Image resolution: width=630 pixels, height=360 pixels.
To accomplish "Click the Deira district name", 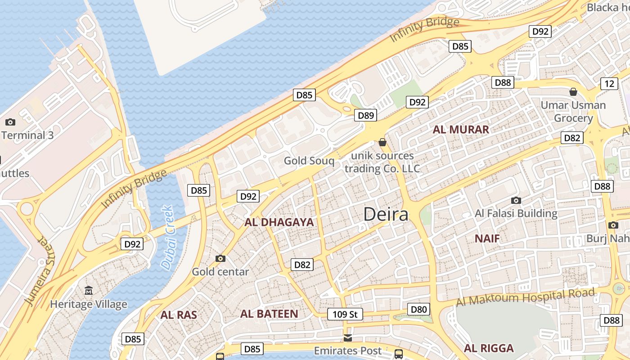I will point(386,214).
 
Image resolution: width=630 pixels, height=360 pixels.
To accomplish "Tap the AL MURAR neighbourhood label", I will point(460,130).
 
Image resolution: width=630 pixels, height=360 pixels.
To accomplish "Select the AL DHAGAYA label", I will point(279,222).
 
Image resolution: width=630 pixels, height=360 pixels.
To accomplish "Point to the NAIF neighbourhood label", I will point(487,238).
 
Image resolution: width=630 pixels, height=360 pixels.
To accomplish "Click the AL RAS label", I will point(179,315).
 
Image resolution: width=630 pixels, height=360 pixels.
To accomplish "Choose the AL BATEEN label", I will point(269,314).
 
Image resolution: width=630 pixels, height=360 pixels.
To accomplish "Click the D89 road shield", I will point(366,116).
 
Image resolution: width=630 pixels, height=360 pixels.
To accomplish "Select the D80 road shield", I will point(418,309).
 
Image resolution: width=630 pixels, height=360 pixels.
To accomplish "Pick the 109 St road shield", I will point(345,314).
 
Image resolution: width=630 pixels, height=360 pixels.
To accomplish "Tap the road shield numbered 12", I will point(609,83).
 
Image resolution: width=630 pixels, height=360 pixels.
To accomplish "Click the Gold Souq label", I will point(309,161).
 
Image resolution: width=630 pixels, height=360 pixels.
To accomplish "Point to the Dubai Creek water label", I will point(167,238).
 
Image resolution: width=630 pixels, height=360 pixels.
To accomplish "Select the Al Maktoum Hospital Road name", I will point(525,297).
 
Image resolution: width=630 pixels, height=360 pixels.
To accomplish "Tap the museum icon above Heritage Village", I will point(89,291).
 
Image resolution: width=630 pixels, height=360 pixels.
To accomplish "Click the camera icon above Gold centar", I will point(220,258).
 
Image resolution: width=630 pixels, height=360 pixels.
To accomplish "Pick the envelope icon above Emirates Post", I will point(347,337).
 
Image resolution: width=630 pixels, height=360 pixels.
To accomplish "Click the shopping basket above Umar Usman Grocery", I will point(573,92).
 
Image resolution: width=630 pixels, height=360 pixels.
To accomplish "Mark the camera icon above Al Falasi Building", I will point(516,200).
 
